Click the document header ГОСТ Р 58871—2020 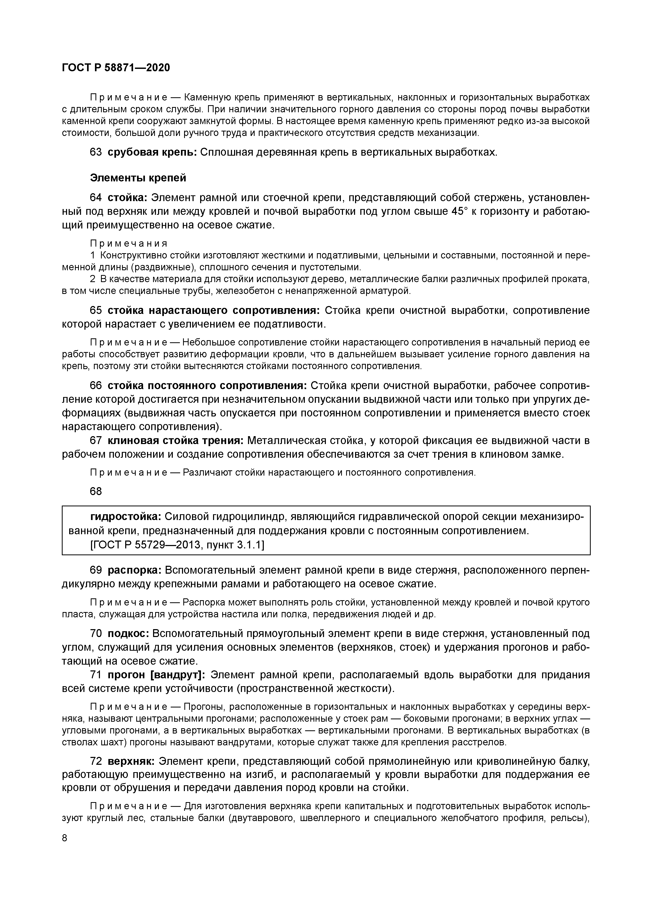116,68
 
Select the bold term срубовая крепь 152,152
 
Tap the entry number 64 96,198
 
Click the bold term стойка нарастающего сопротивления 214,310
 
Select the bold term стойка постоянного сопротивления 207,385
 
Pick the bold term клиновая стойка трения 175,441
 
